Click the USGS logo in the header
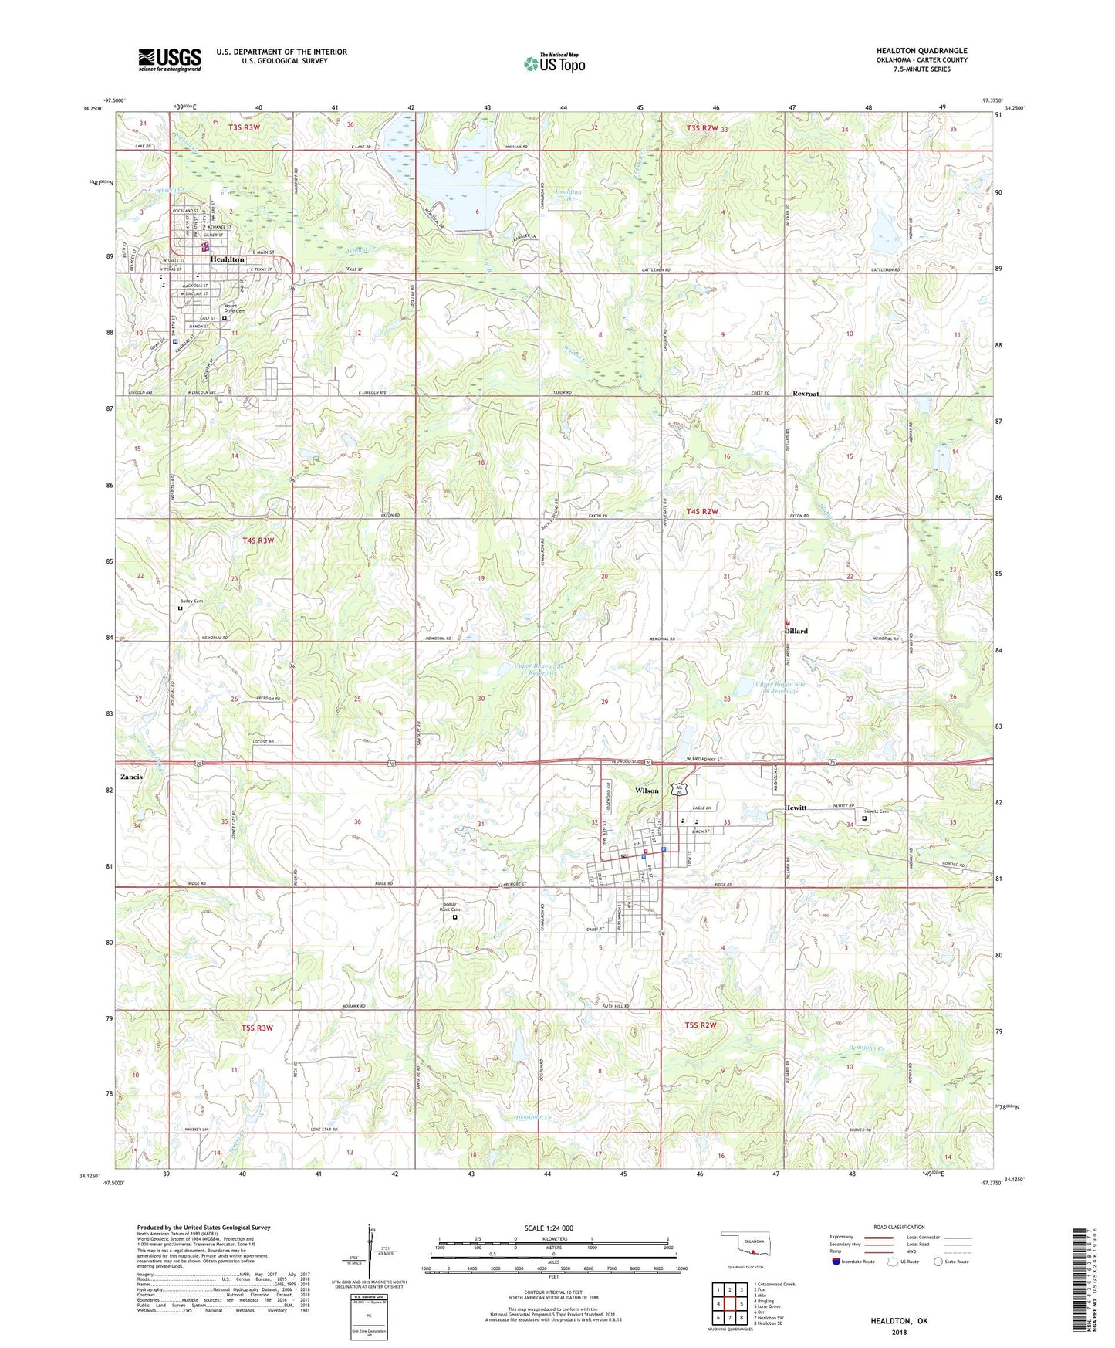170,59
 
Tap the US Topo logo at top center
554,63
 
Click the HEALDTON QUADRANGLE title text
921,50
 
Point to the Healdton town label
227,259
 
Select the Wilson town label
647,791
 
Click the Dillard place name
796,631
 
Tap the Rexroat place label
806,394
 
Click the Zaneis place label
131,777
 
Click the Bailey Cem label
191,601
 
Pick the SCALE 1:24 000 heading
549,1228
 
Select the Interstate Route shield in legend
836,1262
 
